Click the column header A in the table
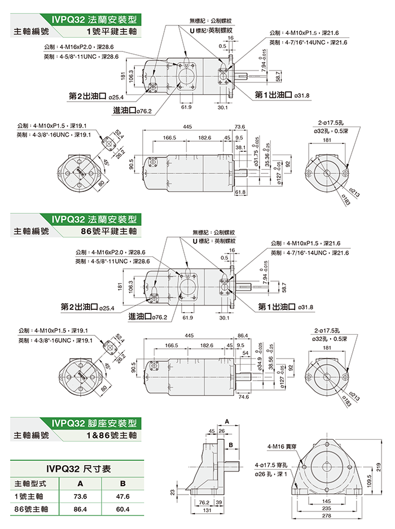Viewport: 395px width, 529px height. [x=80, y=483]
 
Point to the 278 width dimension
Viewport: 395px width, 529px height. [x=326, y=516]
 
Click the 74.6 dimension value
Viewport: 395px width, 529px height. [x=244, y=397]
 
